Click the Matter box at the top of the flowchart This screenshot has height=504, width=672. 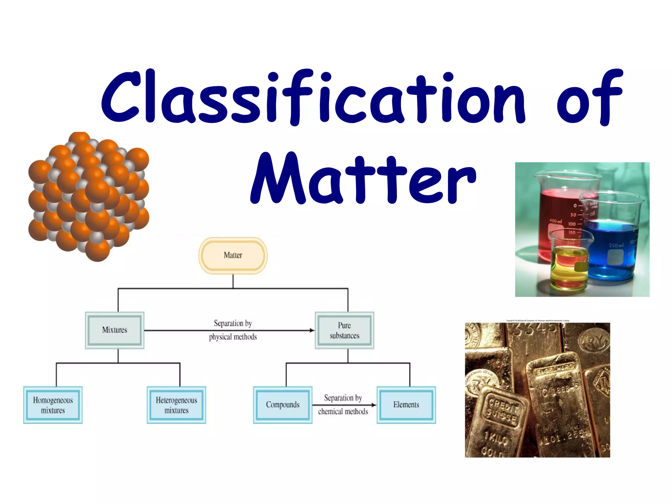233,255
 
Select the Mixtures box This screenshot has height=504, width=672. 115,330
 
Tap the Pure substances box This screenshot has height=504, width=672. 344,330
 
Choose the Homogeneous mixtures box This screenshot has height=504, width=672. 53,405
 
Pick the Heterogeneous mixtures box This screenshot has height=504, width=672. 176,405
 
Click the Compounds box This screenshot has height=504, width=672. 283,405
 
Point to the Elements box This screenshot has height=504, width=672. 406,405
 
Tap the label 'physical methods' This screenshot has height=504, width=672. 233,337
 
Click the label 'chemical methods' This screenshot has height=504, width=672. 343,411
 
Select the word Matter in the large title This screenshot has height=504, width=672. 363,179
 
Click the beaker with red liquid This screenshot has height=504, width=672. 558,213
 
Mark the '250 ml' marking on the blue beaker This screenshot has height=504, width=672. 616,245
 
